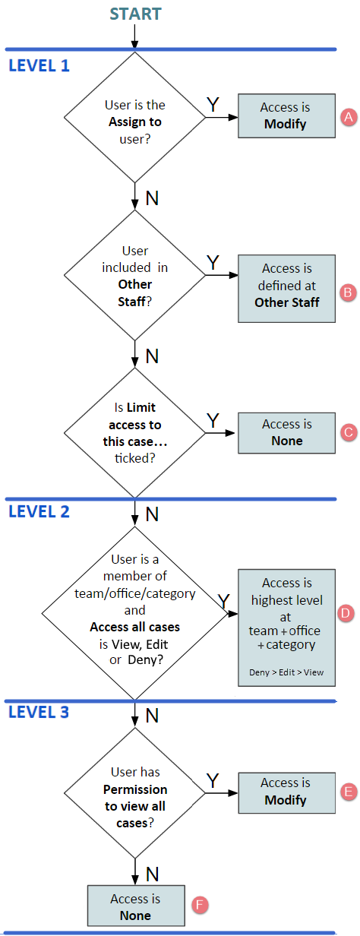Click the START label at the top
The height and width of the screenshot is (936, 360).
(x=135, y=14)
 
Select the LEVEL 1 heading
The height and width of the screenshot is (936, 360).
(x=39, y=65)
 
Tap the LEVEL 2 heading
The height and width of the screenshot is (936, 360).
(x=39, y=511)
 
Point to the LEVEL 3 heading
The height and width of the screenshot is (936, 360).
(x=39, y=712)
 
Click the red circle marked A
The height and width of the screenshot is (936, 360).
(x=349, y=117)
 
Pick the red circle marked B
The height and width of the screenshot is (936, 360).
(x=348, y=292)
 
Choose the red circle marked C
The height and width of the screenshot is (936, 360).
(x=349, y=432)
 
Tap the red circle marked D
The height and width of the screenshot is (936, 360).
(x=346, y=613)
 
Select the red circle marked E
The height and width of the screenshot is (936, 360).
(x=349, y=792)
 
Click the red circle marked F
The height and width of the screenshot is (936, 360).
(x=200, y=906)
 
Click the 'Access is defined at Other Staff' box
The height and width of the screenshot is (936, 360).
(x=286, y=289)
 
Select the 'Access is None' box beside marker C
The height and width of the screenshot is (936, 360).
(x=286, y=433)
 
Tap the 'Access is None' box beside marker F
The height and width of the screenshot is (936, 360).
(x=136, y=906)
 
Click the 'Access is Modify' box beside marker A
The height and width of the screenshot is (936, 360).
(x=286, y=115)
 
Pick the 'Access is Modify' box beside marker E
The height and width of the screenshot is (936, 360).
(x=286, y=793)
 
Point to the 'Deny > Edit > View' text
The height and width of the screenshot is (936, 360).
(x=286, y=672)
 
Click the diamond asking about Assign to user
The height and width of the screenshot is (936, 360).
(x=134, y=118)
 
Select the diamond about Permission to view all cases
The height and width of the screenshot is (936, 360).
(x=134, y=793)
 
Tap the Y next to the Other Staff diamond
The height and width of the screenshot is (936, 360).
(x=213, y=263)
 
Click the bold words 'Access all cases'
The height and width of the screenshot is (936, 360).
(x=135, y=628)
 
